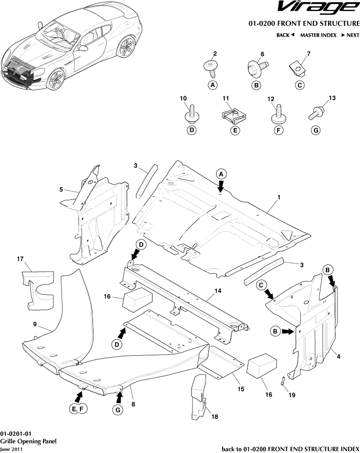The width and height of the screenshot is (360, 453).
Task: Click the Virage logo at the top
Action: (318, 8)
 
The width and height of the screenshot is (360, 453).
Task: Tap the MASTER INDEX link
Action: (318, 35)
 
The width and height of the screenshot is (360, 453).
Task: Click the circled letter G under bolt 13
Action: (316, 130)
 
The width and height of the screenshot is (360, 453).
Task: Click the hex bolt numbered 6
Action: (258, 69)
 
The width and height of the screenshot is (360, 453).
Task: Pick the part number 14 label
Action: (218, 291)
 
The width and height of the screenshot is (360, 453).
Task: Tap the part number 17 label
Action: (20, 259)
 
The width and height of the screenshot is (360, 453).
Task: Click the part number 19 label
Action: (292, 395)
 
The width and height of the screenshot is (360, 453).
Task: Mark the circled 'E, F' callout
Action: (78, 409)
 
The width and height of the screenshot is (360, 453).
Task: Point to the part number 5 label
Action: (61, 190)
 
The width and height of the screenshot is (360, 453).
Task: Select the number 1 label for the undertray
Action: (279, 197)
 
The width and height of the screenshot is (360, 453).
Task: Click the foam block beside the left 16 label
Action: (137, 299)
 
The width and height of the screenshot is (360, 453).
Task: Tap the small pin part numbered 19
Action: (282, 381)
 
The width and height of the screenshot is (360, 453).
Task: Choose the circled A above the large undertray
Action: (221, 174)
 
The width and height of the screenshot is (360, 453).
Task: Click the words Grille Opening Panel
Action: (28, 441)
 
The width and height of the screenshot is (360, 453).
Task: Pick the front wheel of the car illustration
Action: (56, 80)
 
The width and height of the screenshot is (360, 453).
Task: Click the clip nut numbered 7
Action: (297, 69)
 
